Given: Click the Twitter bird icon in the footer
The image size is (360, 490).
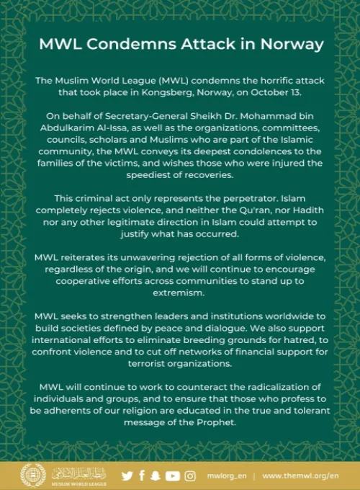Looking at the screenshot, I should click(127, 476).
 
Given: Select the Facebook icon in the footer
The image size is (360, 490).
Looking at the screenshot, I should click(142, 476).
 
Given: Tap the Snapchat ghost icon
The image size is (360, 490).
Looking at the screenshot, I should click(156, 476).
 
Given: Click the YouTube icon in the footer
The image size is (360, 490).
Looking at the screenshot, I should click(172, 476).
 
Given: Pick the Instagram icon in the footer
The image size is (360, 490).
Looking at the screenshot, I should click(190, 476).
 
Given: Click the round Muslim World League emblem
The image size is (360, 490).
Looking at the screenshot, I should click(33, 476).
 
